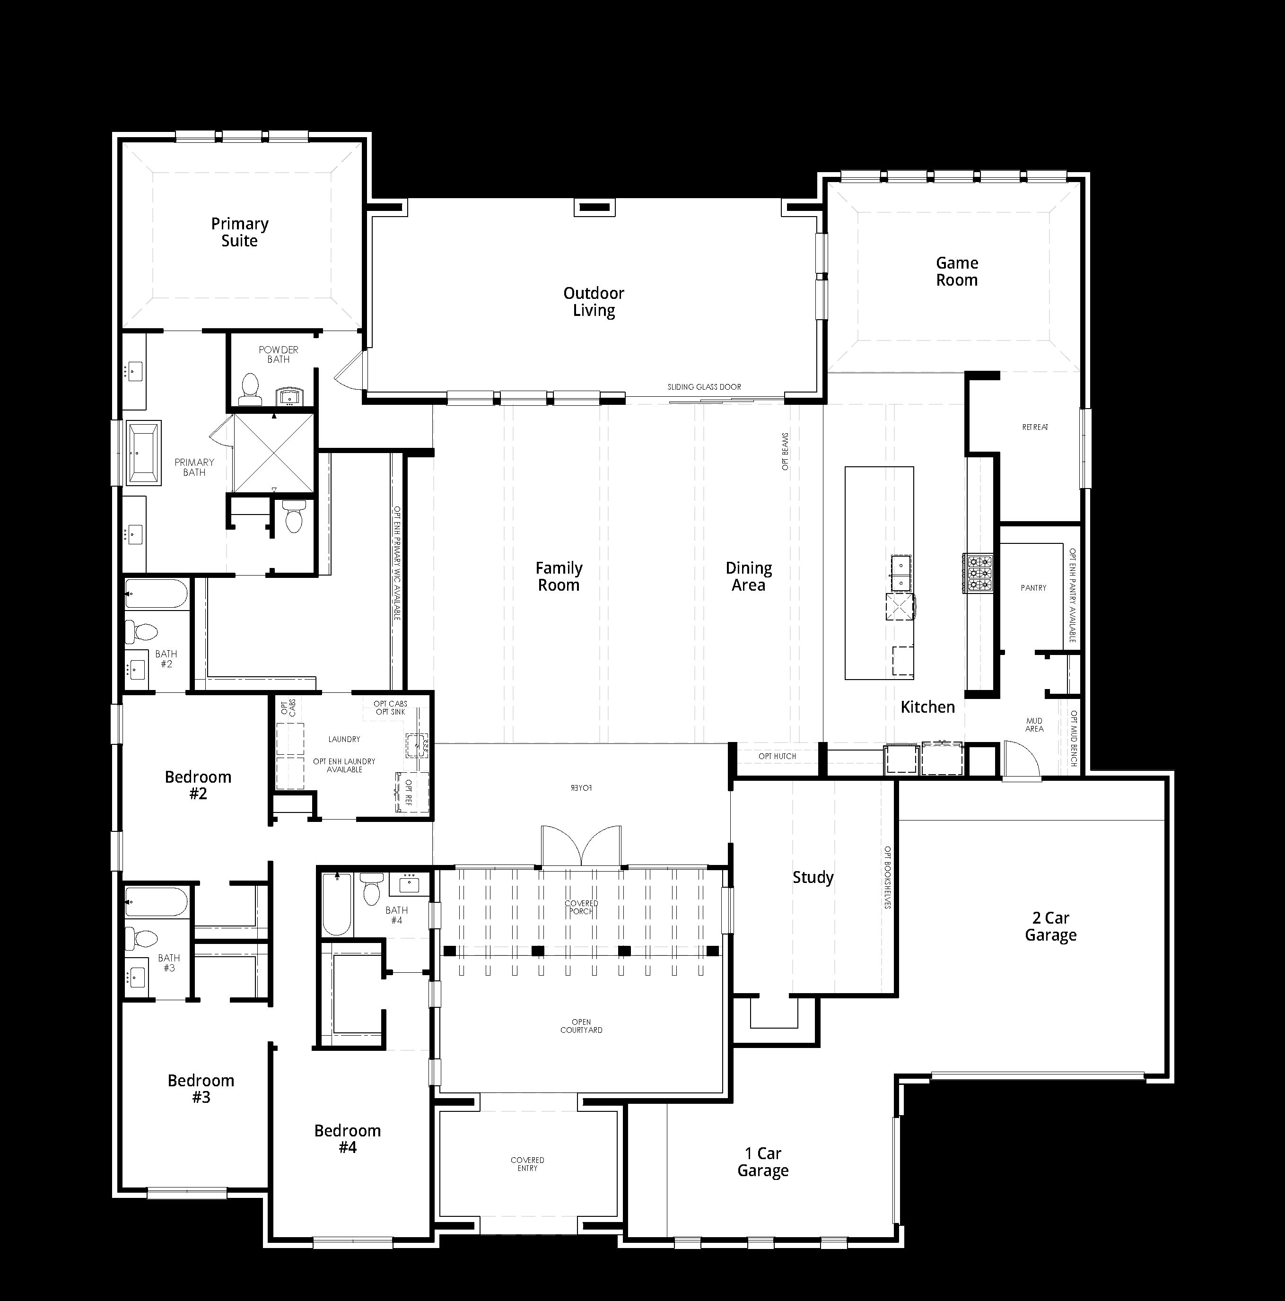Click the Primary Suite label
pyautogui.click(x=240, y=232)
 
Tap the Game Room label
pyautogui.click(x=957, y=271)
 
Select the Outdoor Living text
pyautogui.click(x=594, y=302)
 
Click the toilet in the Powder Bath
pyautogui.click(x=250, y=390)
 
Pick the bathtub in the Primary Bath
pyautogui.click(x=143, y=453)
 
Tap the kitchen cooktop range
pyautogui.click(x=977, y=573)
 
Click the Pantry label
pyautogui.click(x=1033, y=588)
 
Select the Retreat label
pyautogui.click(x=1035, y=427)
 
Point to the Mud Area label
pyautogui.click(x=1034, y=725)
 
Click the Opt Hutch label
pyautogui.click(x=777, y=756)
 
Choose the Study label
pyautogui.click(x=813, y=877)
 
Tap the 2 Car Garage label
pyautogui.click(x=1050, y=926)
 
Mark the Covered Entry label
pyautogui.click(x=527, y=1164)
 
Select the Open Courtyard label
pyautogui.click(x=581, y=1026)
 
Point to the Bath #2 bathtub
pyautogui.click(x=156, y=594)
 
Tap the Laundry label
pyautogui.click(x=344, y=739)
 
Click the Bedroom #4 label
pyautogui.click(x=348, y=1139)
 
